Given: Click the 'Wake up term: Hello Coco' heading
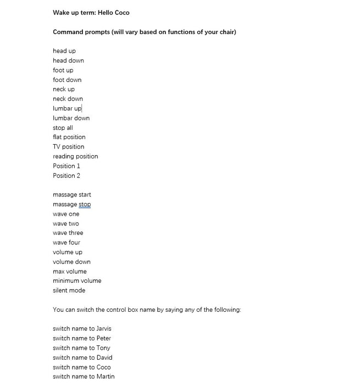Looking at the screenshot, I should (91, 13).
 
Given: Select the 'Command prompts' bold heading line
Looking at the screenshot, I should (144, 32).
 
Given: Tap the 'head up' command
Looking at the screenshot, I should (64, 51).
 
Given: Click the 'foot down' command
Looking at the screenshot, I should (67, 80).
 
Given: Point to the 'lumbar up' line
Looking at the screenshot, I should (67, 108).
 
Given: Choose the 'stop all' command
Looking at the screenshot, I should (63, 128).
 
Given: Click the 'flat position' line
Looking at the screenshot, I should (69, 137).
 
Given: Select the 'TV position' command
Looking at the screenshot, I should (69, 147).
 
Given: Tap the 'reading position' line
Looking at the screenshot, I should (75, 156).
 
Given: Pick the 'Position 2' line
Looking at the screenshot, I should (67, 175).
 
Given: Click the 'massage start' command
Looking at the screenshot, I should (72, 195).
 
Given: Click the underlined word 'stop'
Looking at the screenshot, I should (85, 205).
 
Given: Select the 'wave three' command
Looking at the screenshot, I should (68, 233).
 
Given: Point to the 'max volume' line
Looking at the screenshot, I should (70, 272).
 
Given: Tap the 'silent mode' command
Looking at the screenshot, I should (69, 290).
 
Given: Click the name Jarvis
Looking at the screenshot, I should (104, 329).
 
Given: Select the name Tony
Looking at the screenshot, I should (103, 348).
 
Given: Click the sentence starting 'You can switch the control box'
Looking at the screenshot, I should (147, 310).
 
